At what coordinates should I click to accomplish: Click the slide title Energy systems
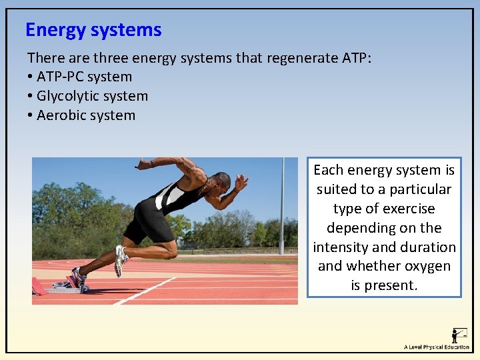[x=93, y=30]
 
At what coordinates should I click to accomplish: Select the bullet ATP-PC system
[x=84, y=77]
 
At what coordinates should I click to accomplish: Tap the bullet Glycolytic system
[x=92, y=96]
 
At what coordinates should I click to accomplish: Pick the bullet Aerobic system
[x=86, y=115]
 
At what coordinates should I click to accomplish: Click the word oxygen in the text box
[x=428, y=266]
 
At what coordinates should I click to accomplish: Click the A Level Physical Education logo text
[x=437, y=347]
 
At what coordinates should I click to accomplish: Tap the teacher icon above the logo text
[x=459, y=335]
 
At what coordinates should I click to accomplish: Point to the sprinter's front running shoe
[x=121, y=259]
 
